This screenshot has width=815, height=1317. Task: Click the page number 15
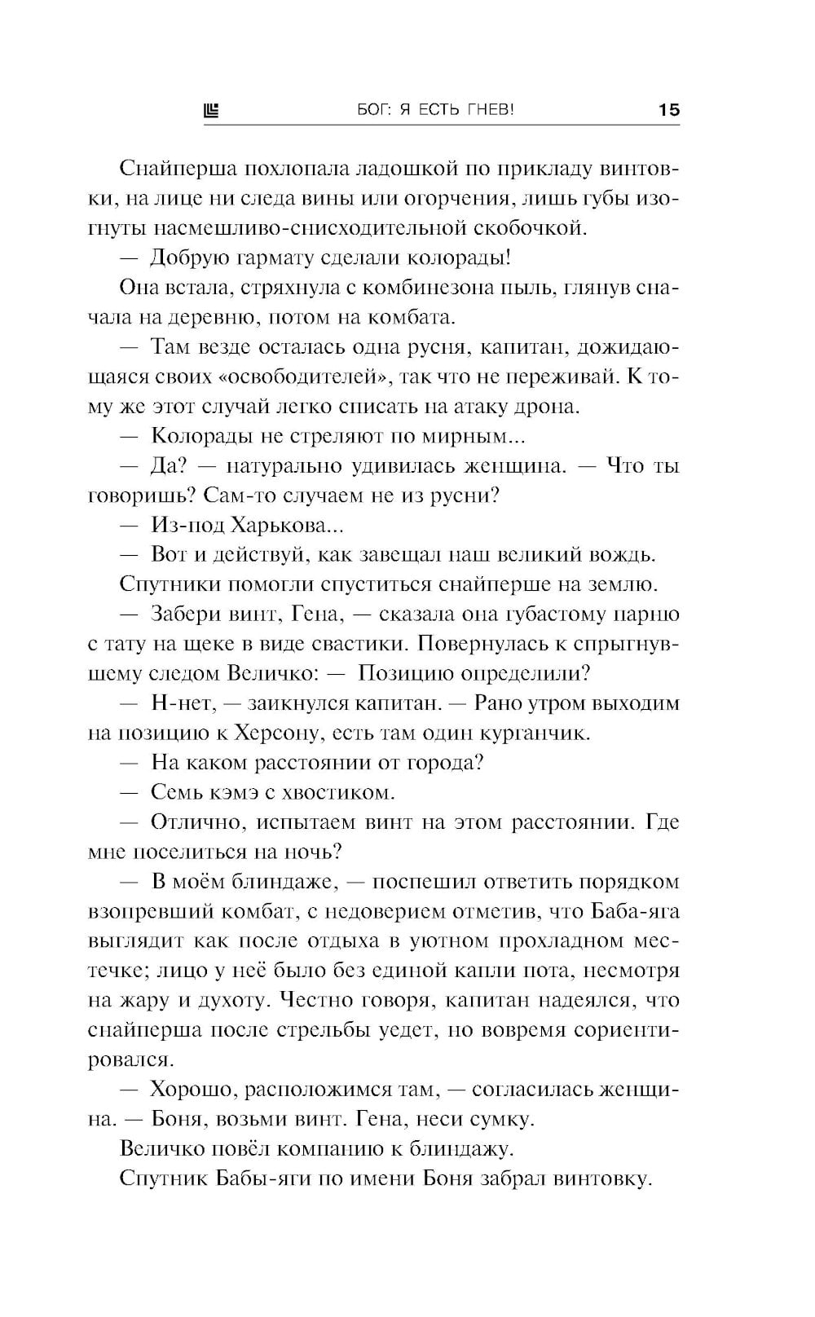click(668, 110)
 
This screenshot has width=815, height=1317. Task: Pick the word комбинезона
click(428, 288)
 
